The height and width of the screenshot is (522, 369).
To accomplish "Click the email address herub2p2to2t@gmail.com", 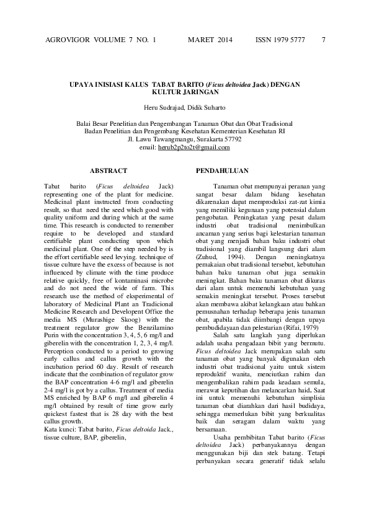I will [x=194, y=148].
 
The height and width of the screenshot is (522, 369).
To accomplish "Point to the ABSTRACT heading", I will [x=109, y=170].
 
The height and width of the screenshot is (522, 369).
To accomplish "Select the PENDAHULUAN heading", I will [x=222, y=170].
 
